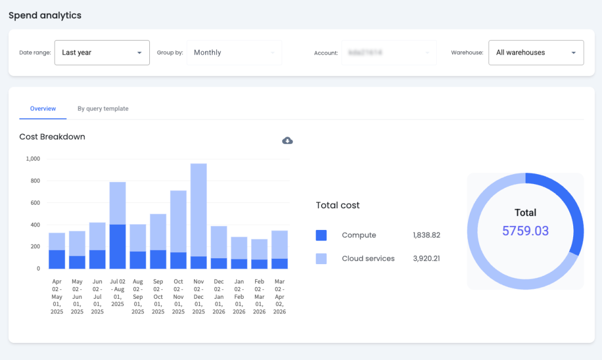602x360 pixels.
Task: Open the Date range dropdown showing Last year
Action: pyautogui.click(x=102, y=52)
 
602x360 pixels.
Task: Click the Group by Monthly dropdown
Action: pyautogui.click(x=234, y=52)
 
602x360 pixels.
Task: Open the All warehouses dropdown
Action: pyautogui.click(x=536, y=52)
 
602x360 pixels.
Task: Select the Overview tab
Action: pyautogui.click(x=43, y=109)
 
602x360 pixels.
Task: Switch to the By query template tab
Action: pyautogui.click(x=103, y=109)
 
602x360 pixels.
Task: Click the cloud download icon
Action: pyautogui.click(x=287, y=140)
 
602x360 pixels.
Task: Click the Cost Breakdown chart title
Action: pyautogui.click(x=52, y=137)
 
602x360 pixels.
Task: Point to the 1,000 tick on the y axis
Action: pyautogui.click(x=33, y=159)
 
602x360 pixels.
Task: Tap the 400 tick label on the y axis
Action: pyautogui.click(x=35, y=225)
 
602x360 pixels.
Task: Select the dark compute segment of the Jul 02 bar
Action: pyautogui.click(x=118, y=246)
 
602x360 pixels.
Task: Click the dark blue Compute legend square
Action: pyautogui.click(x=321, y=235)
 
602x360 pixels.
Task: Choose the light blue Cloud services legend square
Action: pyautogui.click(x=321, y=258)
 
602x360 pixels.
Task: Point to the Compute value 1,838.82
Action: pyautogui.click(x=426, y=235)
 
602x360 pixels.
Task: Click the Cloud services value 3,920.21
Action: pyautogui.click(x=426, y=258)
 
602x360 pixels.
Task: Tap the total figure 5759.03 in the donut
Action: pyautogui.click(x=525, y=231)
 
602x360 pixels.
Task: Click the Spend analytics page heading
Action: pyautogui.click(x=45, y=15)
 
